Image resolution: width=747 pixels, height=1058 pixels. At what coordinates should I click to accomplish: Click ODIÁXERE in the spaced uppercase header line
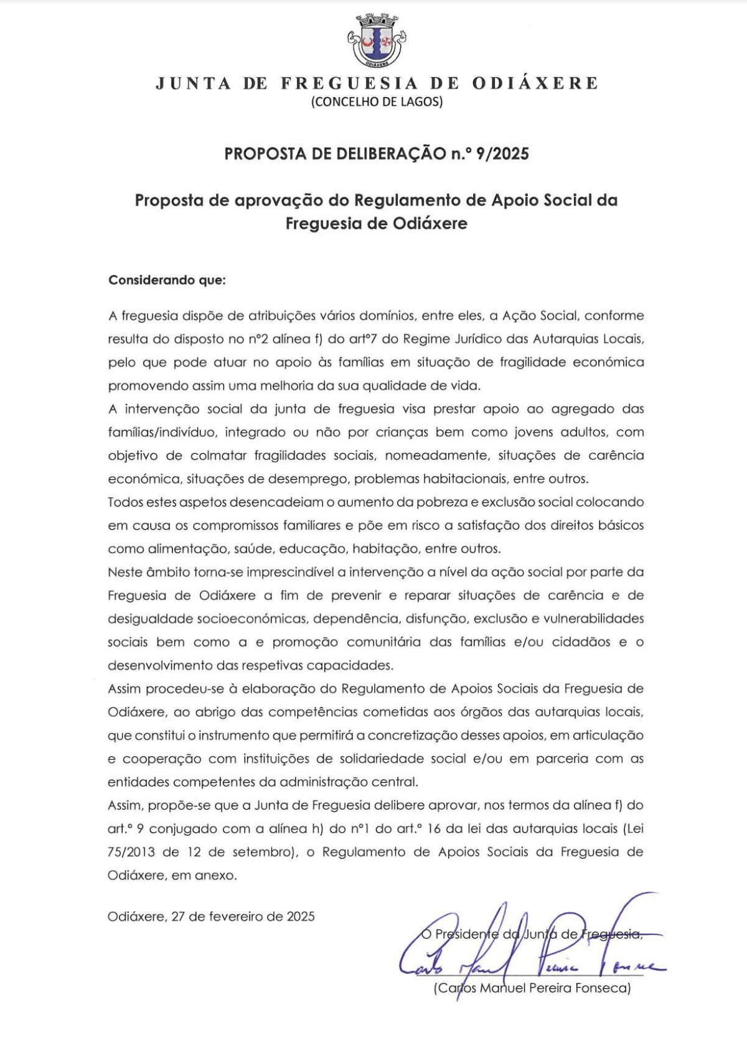535,83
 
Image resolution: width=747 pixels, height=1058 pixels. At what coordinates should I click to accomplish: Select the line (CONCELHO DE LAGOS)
377,102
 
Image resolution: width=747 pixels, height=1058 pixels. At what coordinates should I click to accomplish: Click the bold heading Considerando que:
167,280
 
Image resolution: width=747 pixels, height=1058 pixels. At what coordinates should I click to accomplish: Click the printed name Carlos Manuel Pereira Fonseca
532,988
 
